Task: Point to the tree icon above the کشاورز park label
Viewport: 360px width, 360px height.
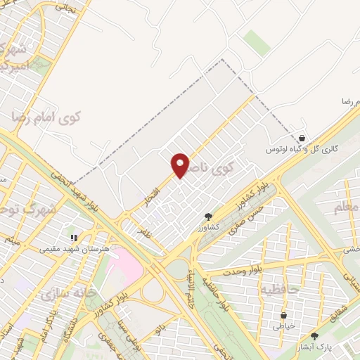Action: (x=207, y=217)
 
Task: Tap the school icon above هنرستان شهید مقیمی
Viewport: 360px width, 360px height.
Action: (x=75, y=238)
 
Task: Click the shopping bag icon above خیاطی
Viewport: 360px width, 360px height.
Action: (x=283, y=316)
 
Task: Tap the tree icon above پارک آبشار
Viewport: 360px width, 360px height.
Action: (x=314, y=337)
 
